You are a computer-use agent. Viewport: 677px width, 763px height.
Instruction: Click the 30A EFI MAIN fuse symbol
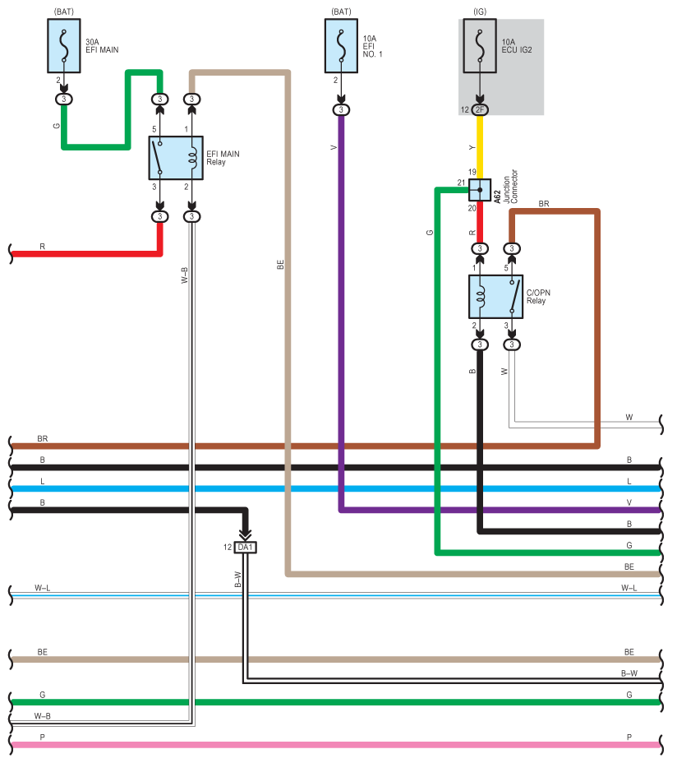tap(64, 46)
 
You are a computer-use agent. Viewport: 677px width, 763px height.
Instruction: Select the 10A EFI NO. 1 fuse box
tap(341, 46)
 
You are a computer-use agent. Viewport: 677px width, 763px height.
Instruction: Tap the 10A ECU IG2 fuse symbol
tap(480, 46)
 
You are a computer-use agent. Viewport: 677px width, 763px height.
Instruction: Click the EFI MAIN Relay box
tap(176, 158)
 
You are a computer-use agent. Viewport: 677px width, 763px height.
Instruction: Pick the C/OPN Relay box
tap(495, 297)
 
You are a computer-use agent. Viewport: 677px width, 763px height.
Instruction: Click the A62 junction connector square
tap(480, 190)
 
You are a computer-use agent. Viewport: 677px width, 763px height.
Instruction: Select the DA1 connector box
tap(245, 548)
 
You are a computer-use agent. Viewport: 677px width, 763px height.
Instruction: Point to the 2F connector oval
tap(480, 109)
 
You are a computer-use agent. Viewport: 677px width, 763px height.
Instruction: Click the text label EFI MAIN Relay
tap(223, 158)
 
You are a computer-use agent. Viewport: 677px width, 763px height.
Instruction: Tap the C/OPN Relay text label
tap(538, 297)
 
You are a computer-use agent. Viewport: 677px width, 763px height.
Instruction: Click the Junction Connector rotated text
tap(511, 187)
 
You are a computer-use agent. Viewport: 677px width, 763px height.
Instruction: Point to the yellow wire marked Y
tap(480, 147)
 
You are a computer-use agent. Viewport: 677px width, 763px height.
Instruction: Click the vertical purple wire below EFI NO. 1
tap(341, 312)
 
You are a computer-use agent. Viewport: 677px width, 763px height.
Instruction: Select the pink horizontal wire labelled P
tap(335, 745)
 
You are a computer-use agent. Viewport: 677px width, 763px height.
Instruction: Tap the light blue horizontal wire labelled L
tap(335, 488)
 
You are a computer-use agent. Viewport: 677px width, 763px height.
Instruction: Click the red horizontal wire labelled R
tap(85, 253)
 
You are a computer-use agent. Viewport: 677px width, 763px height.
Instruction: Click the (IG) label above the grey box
tap(480, 12)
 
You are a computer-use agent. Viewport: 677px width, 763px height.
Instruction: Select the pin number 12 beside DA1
tap(228, 548)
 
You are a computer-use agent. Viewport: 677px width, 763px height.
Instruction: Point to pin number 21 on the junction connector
tap(461, 183)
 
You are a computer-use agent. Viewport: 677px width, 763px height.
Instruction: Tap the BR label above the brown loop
tap(544, 203)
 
